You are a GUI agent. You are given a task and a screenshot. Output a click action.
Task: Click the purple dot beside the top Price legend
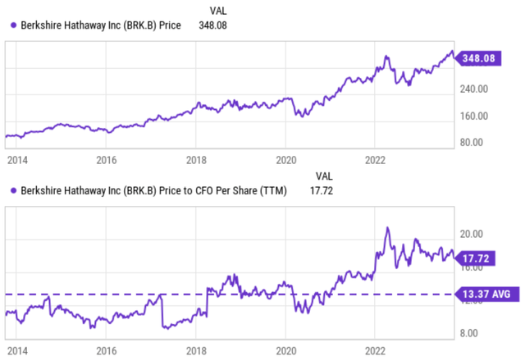[x=8, y=25]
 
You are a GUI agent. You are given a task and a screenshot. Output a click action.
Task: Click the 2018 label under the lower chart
[x=195, y=348]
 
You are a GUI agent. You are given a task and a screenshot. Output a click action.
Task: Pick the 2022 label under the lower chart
[x=375, y=348]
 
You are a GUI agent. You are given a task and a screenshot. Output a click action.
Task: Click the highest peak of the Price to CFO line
[x=387, y=227]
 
